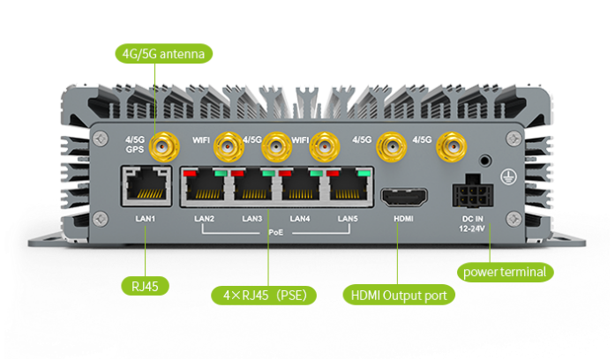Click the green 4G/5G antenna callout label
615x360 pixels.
(164, 55)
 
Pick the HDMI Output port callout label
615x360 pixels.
(398, 296)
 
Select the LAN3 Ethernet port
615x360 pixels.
(254, 187)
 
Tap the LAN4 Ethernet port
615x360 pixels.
(304, 187)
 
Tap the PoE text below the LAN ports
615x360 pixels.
(276, 233)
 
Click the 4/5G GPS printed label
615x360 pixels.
(134, 144)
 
